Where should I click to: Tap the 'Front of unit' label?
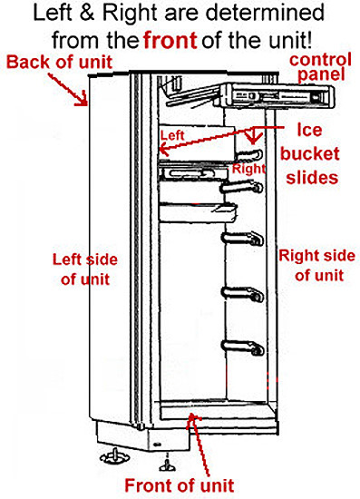point(191,485)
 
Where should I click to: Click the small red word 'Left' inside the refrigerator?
point(171,136)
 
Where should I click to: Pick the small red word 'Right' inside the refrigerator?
point(248,170)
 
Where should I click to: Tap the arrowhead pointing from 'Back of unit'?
point(87,104)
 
